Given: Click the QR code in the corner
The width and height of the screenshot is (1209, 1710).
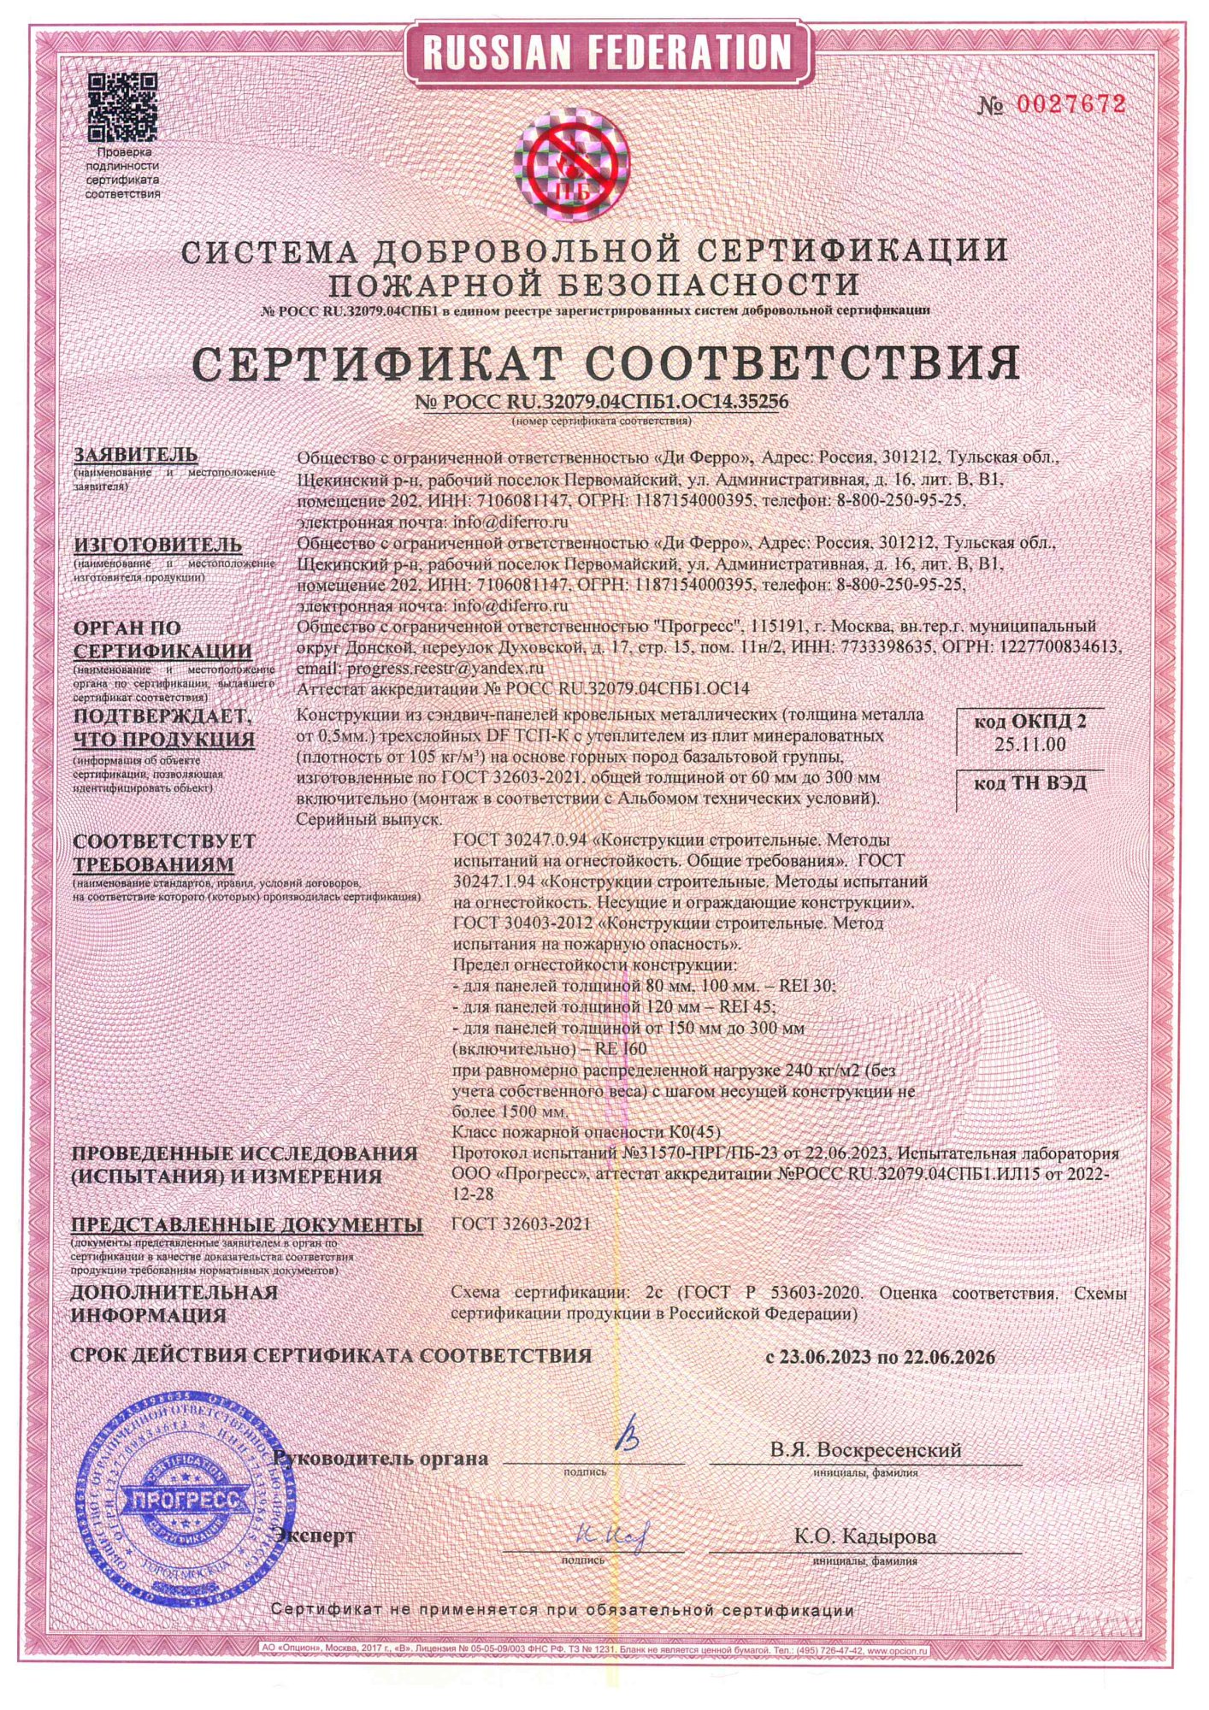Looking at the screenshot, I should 123,108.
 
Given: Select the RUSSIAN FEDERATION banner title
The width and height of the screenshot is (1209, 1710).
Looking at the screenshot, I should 607,53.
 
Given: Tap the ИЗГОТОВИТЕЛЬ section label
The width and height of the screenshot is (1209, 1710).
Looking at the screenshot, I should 157,545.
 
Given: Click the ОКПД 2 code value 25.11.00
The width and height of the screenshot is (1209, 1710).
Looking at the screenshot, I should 1029,744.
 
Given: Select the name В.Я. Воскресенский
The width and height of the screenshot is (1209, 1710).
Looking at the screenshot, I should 864,1450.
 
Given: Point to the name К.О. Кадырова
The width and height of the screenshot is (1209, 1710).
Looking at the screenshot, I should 864,1536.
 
